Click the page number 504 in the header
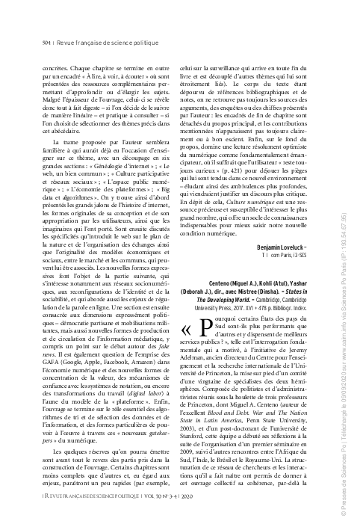pyautogui.click(x=46, y=45)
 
